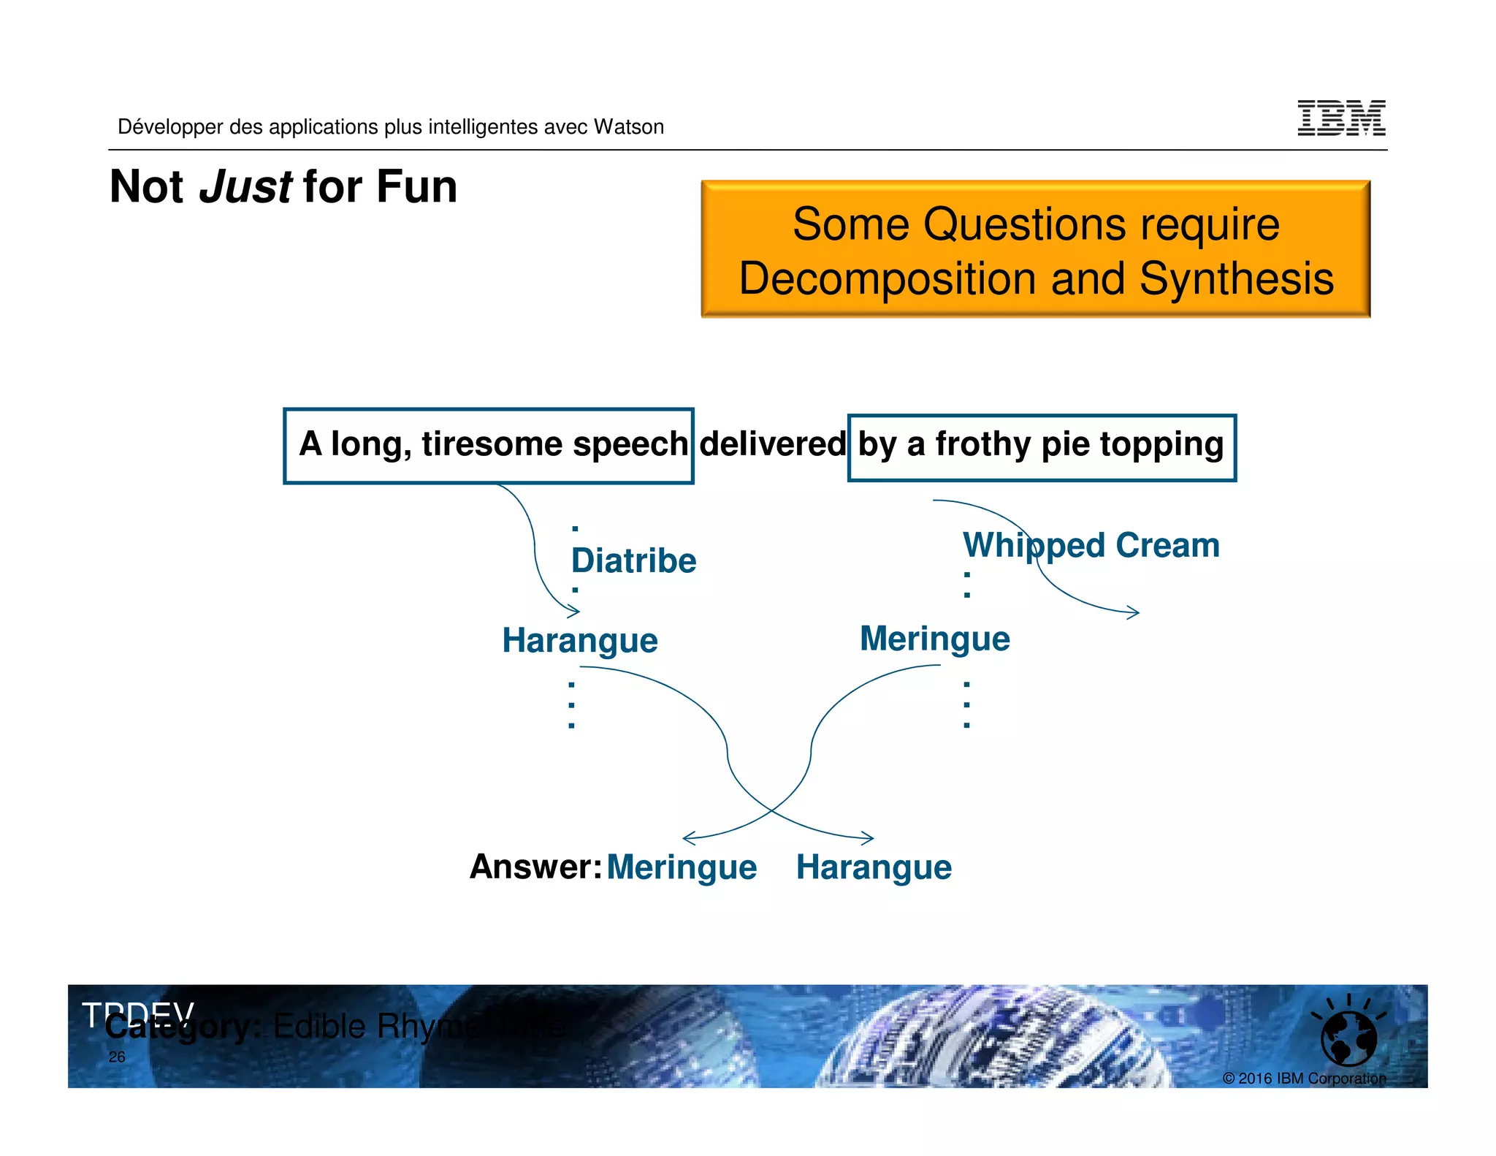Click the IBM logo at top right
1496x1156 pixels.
1340,118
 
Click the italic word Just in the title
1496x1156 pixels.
245,187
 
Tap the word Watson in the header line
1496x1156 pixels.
628,127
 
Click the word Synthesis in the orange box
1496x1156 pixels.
1236,279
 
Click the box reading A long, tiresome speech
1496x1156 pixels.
488,445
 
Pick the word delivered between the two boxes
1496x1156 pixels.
772,444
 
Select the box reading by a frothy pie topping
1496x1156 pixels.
1041,446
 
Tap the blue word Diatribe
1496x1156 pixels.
633,561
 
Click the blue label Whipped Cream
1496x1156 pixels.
1091,546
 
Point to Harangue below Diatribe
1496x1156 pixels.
579,641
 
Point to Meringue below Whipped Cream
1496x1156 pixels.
934,639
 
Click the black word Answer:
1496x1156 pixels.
535,867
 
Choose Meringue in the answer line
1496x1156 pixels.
681,868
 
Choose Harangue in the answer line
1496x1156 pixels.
873,868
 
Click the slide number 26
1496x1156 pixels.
117,1057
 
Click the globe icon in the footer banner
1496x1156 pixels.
1348,1038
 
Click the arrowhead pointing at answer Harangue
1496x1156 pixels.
869,838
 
